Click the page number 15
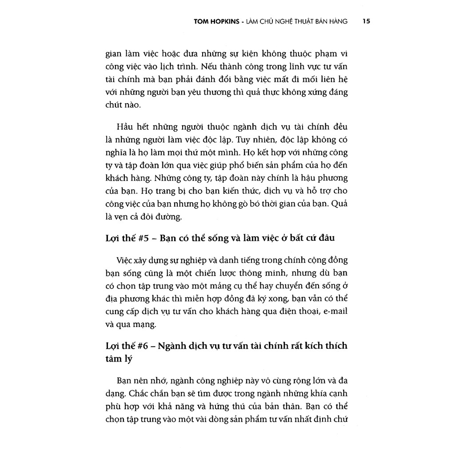tap(366, 20)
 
